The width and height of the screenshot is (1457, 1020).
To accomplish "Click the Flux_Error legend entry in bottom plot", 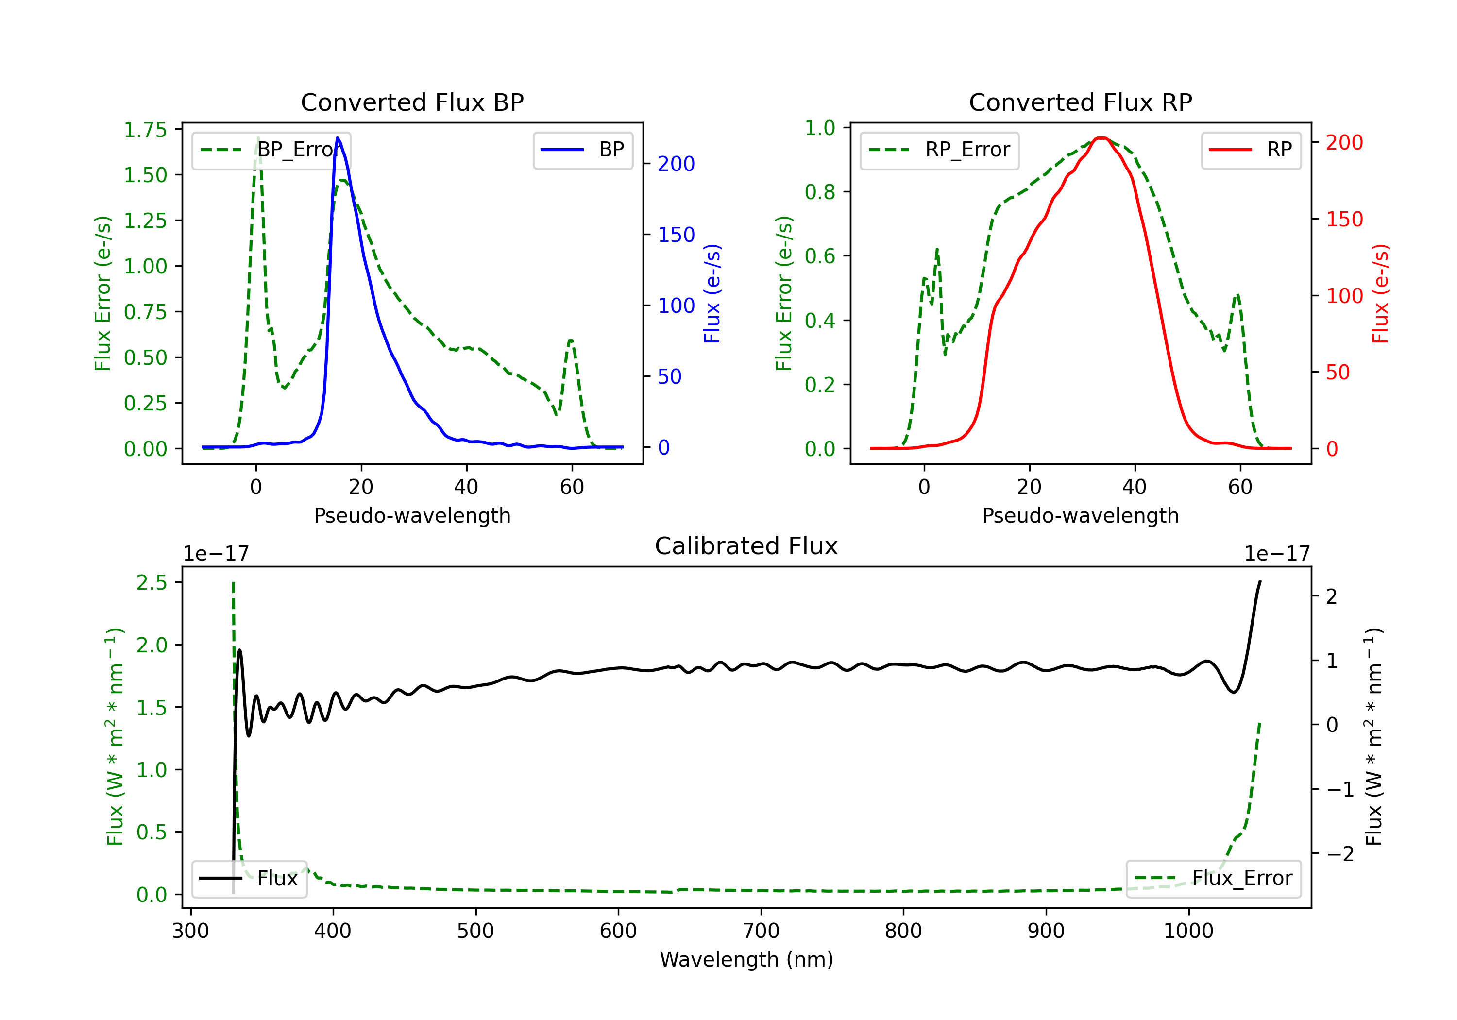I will pos(1213,879).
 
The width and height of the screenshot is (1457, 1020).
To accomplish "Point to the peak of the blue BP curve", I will pos(338,138).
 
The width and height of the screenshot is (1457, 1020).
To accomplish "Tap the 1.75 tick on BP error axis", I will pos(145,130).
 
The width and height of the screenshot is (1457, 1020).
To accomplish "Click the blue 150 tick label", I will pos(677,235).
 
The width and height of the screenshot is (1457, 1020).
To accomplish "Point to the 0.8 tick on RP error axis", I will pos(820,192).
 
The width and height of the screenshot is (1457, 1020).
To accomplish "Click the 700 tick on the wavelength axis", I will pos(761,931).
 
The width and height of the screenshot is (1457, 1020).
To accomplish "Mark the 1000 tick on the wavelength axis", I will pos(1188,931).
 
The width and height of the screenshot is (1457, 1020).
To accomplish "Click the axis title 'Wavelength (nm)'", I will pos(746,960).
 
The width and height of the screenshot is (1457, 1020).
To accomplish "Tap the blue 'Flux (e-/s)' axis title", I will pos(712,294).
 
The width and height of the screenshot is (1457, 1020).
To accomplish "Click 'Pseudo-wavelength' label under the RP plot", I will pos(1080,515).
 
